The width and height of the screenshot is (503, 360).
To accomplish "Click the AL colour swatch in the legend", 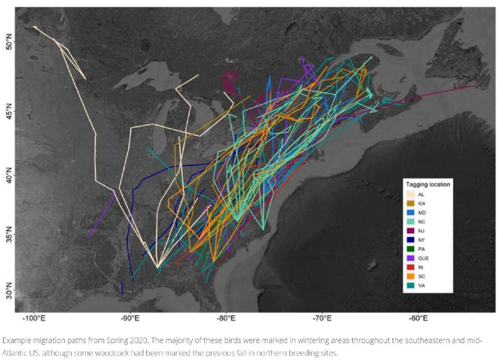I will click(411, 194).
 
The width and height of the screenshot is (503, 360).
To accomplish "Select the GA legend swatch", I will click(411, 203).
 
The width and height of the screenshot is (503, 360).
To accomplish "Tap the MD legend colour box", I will click(411, 213).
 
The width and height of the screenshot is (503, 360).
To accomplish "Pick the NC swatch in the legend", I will click(411, 221).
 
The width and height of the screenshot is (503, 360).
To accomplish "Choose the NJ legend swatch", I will click(411, 231).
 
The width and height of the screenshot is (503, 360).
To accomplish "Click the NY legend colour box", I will click(411, 240).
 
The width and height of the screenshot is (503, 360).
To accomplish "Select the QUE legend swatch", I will click(411, 259).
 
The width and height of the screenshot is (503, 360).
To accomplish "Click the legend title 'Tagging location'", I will click(428, 184).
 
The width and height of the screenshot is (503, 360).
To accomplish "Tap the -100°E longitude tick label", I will click(33, 319).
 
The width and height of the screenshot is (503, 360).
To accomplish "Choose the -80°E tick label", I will click(226, 319).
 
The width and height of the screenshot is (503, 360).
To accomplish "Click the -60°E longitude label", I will click(418, 319).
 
